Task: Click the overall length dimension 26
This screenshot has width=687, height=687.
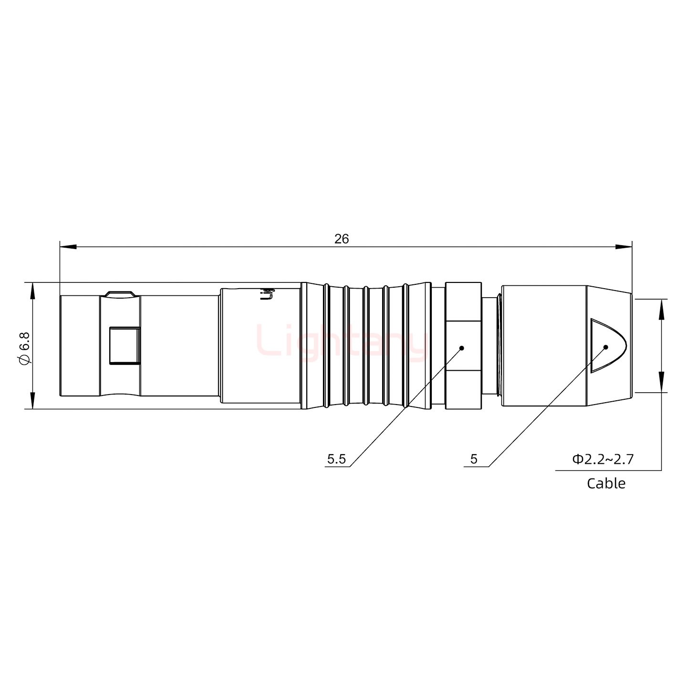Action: [342, 239]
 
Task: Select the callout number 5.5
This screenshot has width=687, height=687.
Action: [336, 459]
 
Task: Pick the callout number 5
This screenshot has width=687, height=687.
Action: [474, 459]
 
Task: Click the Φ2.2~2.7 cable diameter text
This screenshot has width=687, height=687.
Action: [603, 459]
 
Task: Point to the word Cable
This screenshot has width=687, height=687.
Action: [606, 483]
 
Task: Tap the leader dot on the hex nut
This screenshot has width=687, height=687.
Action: [461, 348]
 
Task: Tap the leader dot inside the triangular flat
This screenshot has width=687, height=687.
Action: [605, 347]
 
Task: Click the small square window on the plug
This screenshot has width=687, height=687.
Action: [125, 345]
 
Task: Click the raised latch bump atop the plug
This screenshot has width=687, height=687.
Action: [120, 293]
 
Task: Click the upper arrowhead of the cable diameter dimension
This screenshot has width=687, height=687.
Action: [661, 308]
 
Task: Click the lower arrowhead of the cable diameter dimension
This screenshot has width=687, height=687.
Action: [661, 384]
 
